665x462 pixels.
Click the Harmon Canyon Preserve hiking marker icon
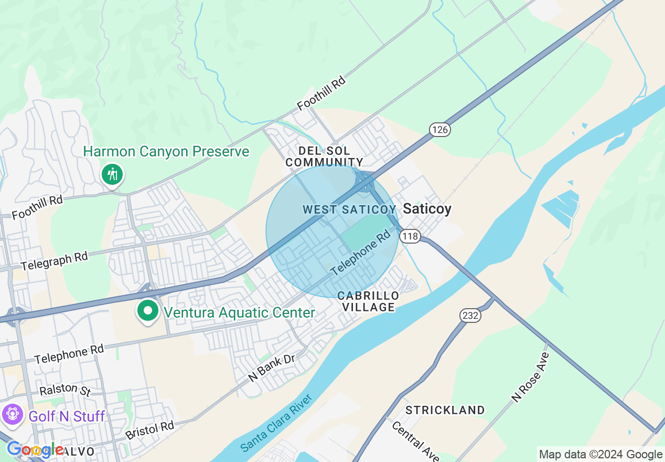[x=112, y=174]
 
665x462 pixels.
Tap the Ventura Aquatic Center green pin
[x=148, y=311]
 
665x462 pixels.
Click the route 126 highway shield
[x=440, y=129]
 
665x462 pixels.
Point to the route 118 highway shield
[x=410, y=236]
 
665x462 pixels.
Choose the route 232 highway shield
[x=470, y=315]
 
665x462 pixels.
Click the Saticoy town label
[x=427, y=209]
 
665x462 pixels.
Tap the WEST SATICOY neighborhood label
[x=349, y=209]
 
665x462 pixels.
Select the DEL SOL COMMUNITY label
[x=324, y=156]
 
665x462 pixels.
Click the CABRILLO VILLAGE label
[x=368, y=301]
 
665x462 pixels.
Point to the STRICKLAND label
[x=445, y=409]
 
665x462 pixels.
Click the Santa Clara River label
[x=277, y=423]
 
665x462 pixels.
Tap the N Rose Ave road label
[x=530, y=377]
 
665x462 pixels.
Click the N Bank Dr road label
[x=272, y=368]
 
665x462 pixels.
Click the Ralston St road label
[x=66, y=391]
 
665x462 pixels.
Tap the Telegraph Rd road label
[x=54, y=261]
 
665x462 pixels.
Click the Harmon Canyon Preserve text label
[x=166, y=152]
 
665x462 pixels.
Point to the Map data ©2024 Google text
[x=601, y=455]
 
